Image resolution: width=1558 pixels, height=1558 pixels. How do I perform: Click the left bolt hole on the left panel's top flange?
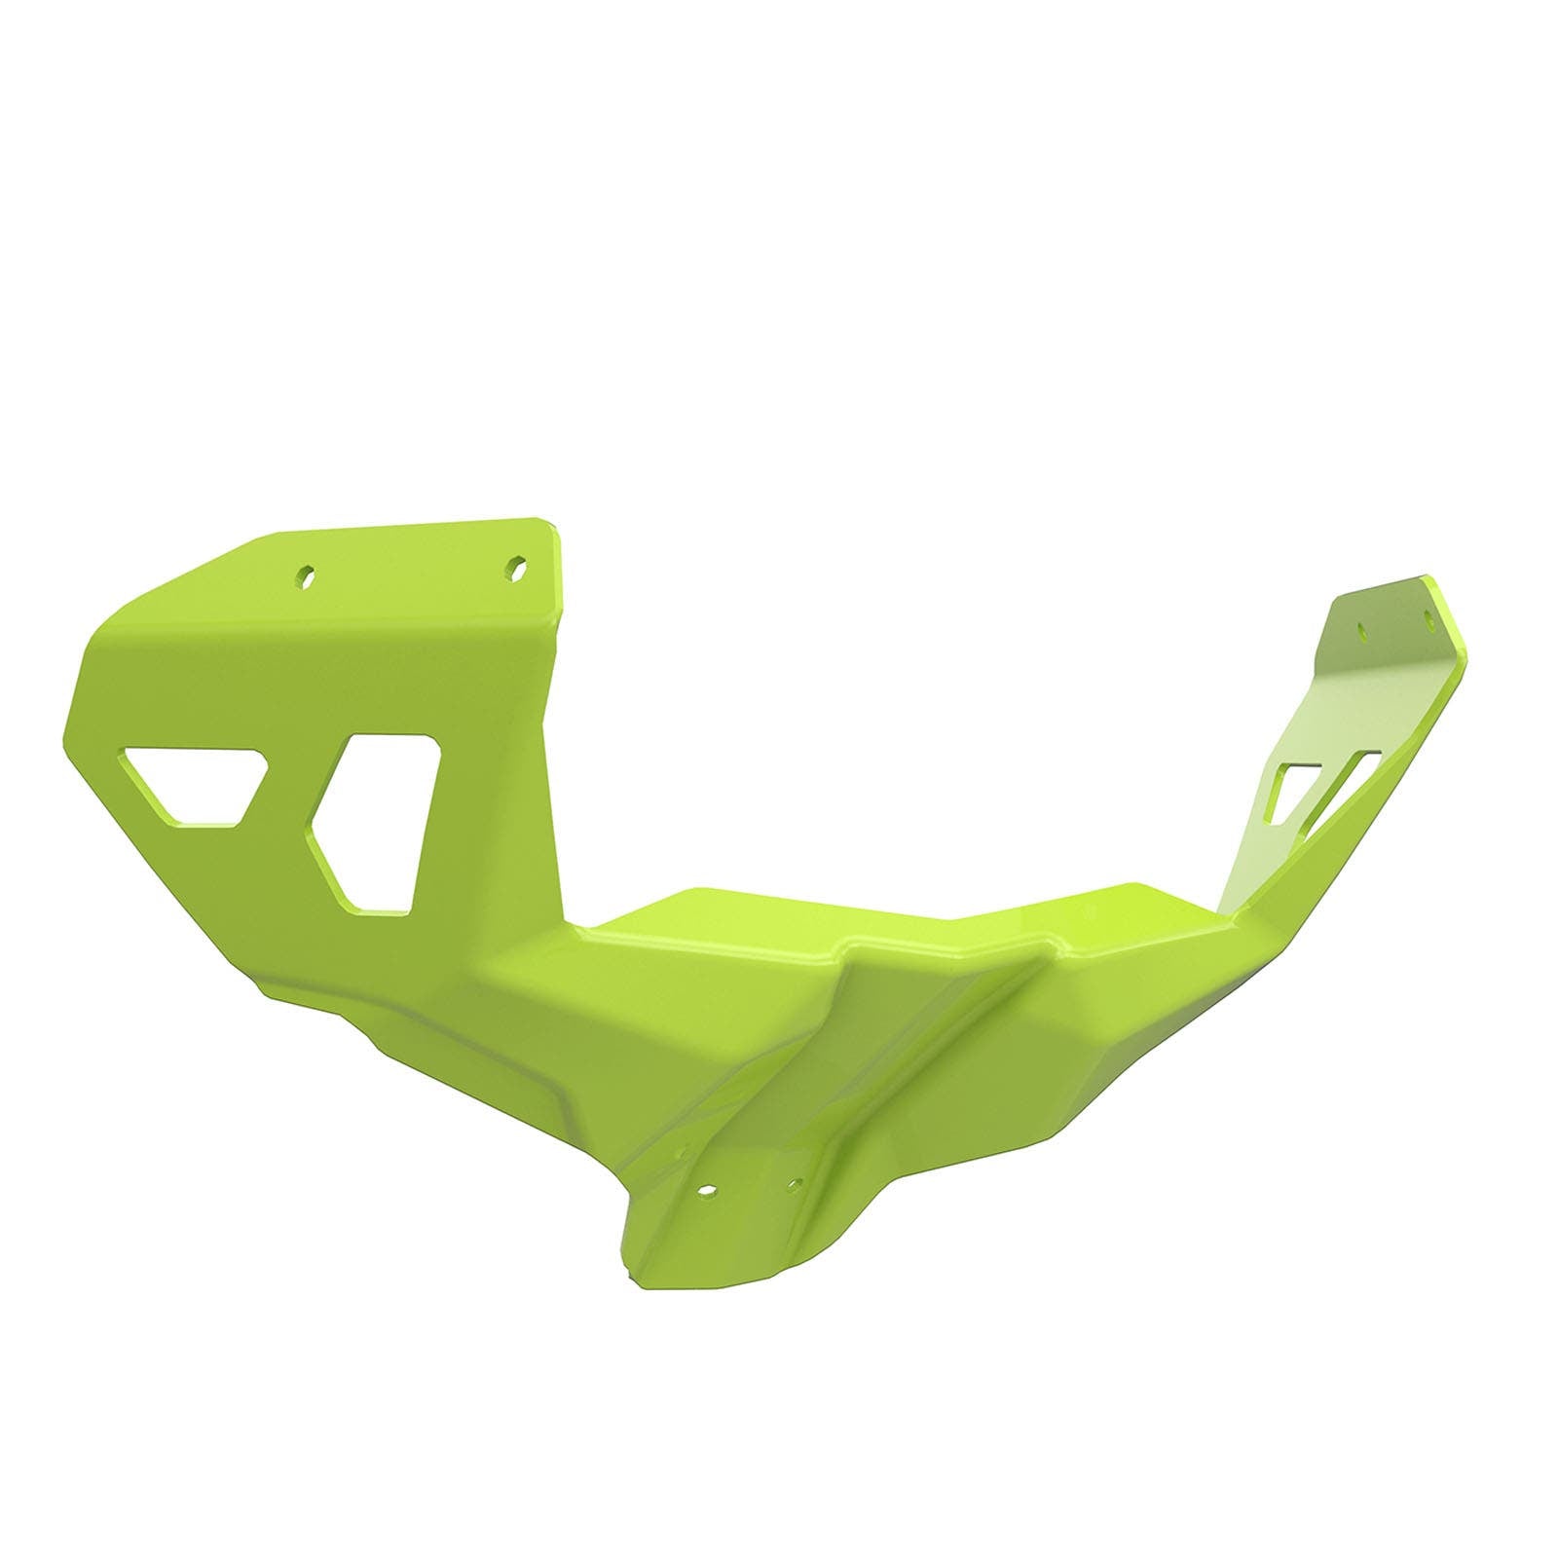pos(308,575)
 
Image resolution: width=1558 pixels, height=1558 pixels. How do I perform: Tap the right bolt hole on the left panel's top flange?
pos(516,566)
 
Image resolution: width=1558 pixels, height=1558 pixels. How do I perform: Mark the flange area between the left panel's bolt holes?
pos(412,571)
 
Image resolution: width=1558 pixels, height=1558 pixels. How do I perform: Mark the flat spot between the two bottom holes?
pos(751,1187)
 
